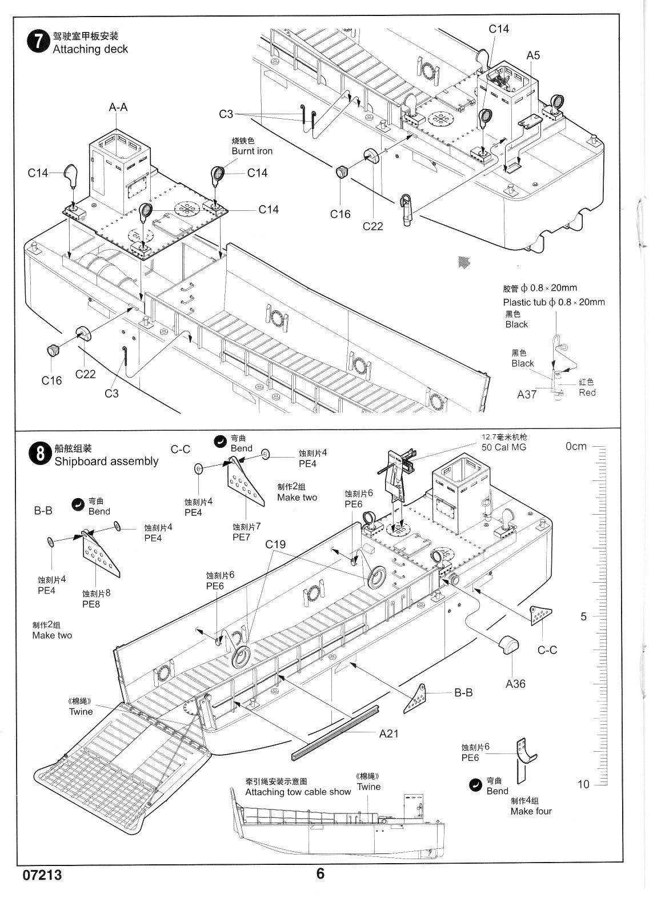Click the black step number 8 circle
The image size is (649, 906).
pyautogui.click(x=39, y=455)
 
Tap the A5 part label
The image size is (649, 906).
pyautogui.click(x=533, y=55)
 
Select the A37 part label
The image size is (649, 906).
pyautogui.click(x=526, y=394)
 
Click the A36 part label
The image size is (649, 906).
pyautogui.click(x=515, y=683)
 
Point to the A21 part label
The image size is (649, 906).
pyautogui.click(x=389, y=734)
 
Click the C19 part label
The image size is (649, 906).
pyautogui.click(x=275, y=544)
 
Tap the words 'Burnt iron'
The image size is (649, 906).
pyautogui.click(x=252, y=151)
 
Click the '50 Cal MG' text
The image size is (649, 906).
pyautogui.click(x=504, y=447)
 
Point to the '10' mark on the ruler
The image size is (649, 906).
pyautogui.click(x=583, y=784)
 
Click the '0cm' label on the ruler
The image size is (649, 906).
pyautogui.click(x=576, y=446)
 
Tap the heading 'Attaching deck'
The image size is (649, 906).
pyautogui.click(x=90, y=49)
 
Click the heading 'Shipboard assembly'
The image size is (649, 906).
pyautogui.click(x=106, y=461)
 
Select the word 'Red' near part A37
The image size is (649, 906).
pyautogui.click(x=587, y=392)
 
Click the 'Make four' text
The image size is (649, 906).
pyautogui.click(x=531, y=811)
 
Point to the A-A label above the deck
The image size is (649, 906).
pyautogui.click(x=118, y=107)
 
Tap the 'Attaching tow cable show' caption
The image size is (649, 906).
pyautogui.click(x=298, y=792)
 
